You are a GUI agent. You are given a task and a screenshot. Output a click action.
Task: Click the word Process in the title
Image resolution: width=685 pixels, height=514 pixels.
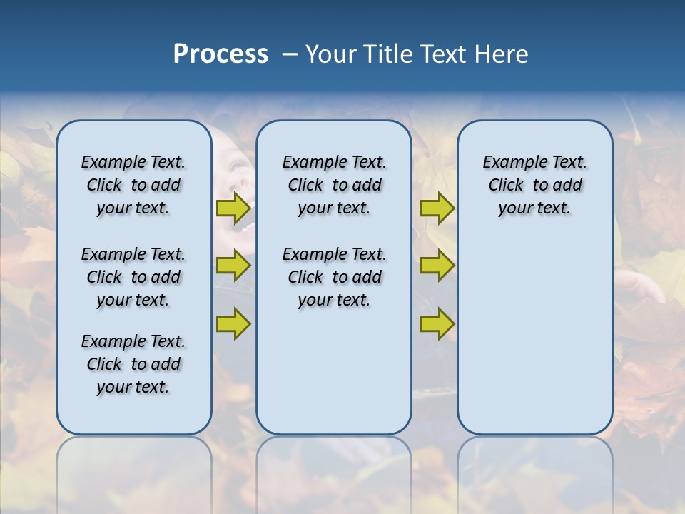[x=220, y=54]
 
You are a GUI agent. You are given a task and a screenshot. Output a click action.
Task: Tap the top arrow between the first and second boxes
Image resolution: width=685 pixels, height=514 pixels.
[x=233, y=208]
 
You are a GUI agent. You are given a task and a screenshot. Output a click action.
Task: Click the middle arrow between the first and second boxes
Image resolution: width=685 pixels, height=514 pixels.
[x=233, y=266]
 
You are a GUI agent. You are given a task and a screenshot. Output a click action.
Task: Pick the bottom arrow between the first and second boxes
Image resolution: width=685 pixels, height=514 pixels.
[x=233, y=323]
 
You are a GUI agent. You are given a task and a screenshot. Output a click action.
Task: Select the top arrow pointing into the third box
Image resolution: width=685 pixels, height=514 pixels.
[x=437, y=208]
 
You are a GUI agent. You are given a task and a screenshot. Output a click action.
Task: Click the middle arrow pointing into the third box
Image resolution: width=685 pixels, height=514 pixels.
[x=437, y=266]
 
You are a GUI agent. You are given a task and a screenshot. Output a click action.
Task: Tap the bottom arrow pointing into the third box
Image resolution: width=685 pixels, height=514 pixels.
[x=437, y=323]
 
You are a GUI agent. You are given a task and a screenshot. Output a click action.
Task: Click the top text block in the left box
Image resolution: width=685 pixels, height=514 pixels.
[x=133, y=185]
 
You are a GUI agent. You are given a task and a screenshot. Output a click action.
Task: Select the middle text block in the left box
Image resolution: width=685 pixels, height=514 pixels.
[x=133, y=277]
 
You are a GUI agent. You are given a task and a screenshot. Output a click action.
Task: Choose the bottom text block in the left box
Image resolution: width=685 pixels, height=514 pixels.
[x=133, y=364]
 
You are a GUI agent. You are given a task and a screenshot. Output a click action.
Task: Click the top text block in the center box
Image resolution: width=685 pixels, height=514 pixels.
[x=334, y=185]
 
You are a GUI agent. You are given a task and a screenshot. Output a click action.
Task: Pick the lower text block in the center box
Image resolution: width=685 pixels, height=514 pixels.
[x=334, y=277]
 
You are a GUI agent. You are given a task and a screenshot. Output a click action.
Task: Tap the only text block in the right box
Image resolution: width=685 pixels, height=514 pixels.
[x=534, y=185]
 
